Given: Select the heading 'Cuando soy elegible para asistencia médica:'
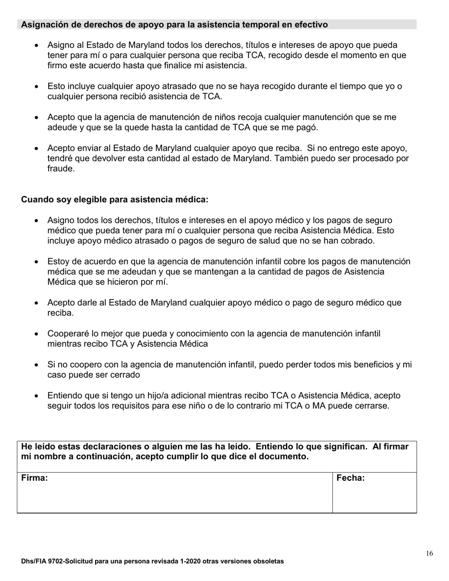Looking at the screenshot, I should point(114,200).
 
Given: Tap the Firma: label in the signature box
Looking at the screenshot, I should point(35,478).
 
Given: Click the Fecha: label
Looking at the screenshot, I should point(350,478).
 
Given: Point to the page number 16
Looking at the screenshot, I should point(429,554).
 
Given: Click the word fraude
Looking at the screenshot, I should point(61,169).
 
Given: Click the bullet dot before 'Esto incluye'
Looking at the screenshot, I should point(37,87).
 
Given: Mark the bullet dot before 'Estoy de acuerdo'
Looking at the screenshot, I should point(37,262).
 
